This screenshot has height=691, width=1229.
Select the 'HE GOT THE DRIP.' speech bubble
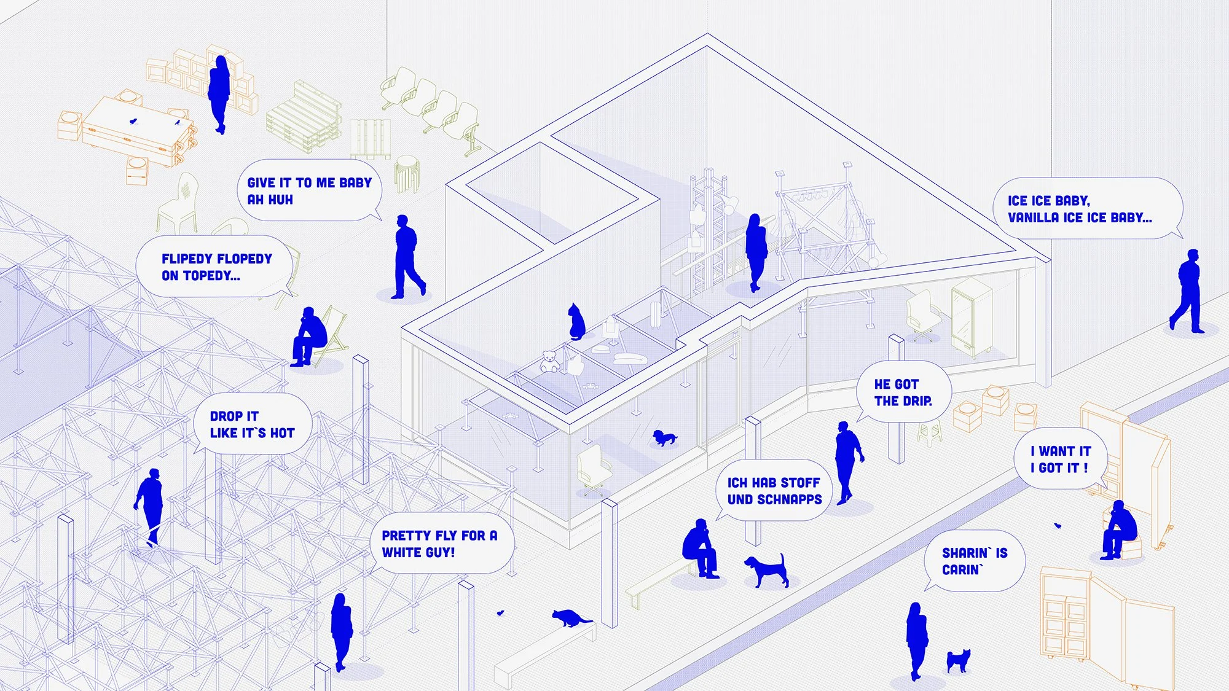pos(903,392)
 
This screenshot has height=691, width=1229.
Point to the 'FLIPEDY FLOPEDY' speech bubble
pos(216,267)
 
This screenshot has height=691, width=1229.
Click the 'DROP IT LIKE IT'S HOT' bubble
pos(252,424)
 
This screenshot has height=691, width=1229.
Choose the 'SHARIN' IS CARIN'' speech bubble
pos(974,561)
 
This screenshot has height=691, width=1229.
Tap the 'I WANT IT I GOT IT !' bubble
pos(1060,459)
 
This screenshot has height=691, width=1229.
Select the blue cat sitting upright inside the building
pos(576,321)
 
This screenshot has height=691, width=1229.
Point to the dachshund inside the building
pos(664,438)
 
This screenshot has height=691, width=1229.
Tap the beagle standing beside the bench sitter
pos(767,570)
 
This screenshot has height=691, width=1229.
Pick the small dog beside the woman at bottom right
pos(958,661)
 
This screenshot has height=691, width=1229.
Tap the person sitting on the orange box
pos(1119,530)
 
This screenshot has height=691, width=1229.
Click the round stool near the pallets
pos(406,172)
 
